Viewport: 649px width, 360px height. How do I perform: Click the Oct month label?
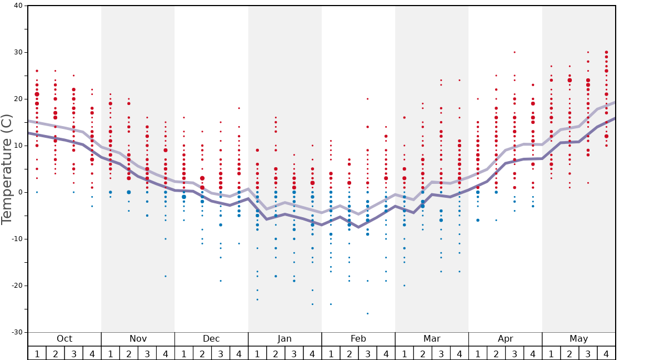(x=64, y=339)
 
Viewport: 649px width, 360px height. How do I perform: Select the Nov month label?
(x=138, y=339)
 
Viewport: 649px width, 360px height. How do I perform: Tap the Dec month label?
(x=211, y=339)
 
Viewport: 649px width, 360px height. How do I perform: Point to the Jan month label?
(x=284, y=339)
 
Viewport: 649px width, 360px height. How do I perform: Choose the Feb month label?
(x=358, y=339)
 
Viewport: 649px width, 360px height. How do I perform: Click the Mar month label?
(x=432, y=339)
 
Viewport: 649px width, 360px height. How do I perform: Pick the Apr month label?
(x=505, y=339)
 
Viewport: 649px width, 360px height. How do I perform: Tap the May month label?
(x=578, y=339)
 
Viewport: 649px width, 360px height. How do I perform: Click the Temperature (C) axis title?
(x=7, y=169)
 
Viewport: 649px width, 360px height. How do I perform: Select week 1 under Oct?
(x=37, y=353)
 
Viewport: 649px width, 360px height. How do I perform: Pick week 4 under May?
(x=606, y=353)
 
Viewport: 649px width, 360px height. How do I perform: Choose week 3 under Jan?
(x=294, y=353)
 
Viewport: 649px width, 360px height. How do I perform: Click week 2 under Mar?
(x=422, y=353)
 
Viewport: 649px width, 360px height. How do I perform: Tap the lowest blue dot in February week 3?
(x=367, y=313)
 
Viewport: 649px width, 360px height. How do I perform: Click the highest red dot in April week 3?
(x=515, y=52)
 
